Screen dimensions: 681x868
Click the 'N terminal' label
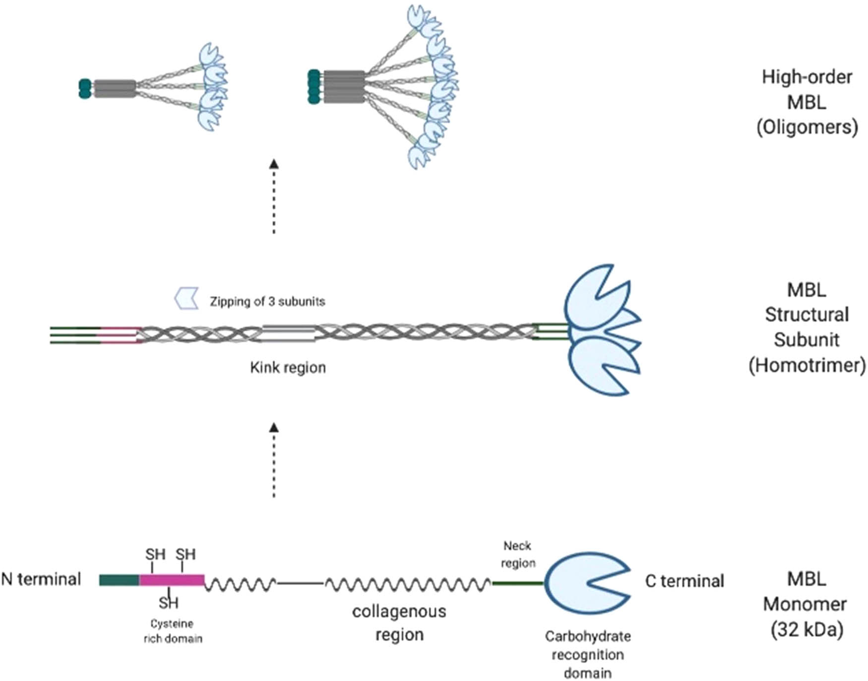pyautogui.click(x=41, y=579)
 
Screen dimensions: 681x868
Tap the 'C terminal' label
pyautogui.click(x=684, y=581)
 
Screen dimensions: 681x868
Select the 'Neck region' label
pyautogui.click(x=518, y=554)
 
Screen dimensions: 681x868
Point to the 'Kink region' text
pyautogui.click(x=288, y=368)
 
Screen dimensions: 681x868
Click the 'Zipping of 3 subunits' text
pyautogui.click(x=267, y=301)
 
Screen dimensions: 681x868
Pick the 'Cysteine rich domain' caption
pyautogui.click(x=173, y=631)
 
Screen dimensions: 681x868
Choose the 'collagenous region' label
pyautogui.click(x=399, y=622)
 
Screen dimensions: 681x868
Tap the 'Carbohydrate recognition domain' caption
pyautogui.click(x=588, y=654)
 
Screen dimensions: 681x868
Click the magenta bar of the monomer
pyautogui.click(x=172, y=580)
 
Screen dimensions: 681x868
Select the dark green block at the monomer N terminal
pyautogui.click(x=119, y=580)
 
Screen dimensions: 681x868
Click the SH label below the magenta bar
pyautogui.click(x=169, y=603)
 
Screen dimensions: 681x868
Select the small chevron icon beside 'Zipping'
pyautogui.click(x=186, y=298)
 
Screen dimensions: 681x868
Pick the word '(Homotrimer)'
pyautogui.click(x=807, y=365)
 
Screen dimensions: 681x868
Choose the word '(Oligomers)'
pyautogui.click(x=807, y=128)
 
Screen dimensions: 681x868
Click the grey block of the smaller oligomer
pyautogui.click(x=115, y=89)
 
